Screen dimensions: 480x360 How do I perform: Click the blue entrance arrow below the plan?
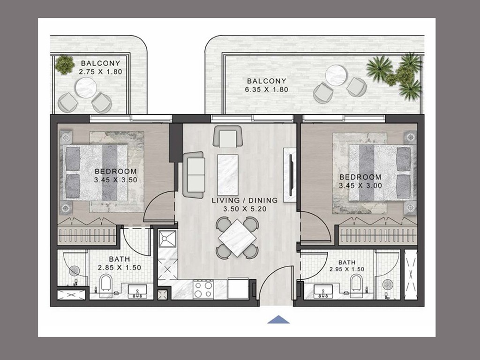click(278, 320)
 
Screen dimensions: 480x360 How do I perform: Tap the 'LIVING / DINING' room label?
click(245, 201)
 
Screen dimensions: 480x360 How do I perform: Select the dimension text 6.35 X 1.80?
click(266, 90)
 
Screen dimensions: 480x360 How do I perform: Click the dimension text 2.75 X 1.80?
click(100, 72)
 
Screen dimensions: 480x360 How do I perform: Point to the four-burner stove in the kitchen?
click(203, 289)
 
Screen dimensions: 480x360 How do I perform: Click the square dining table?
click(238, 238)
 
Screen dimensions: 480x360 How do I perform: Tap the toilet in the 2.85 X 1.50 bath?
click(106, 283)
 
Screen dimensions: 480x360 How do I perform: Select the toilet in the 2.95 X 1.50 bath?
click(356, 283)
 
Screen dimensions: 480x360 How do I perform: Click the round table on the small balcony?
click(86, 88)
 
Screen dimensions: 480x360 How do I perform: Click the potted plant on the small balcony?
click(65, 65)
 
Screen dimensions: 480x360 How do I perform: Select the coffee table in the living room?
click(228, 175)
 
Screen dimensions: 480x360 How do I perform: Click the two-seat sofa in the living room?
click(193, 175)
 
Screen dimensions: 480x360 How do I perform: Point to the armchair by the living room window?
click(228, 136)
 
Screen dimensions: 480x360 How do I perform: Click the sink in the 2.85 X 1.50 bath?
click(137, 291)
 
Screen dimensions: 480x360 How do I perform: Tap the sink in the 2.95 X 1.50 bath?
click(323, 291)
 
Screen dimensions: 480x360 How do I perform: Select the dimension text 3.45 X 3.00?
click(360, 186)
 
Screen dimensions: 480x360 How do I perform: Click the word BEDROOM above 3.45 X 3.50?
click(115, 172)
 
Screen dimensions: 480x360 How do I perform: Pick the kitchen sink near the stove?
click(167, 239)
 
